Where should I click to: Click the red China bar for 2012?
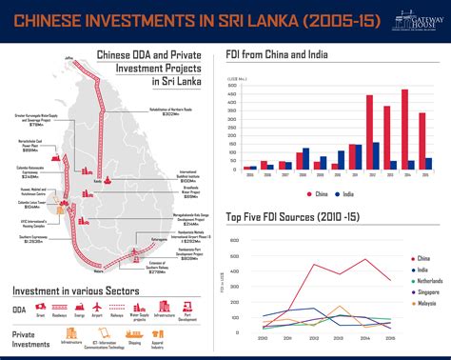[x=368, y=132]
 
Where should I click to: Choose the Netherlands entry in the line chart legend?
[x=423, y=282]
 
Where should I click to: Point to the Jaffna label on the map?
[x=69, y=58]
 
